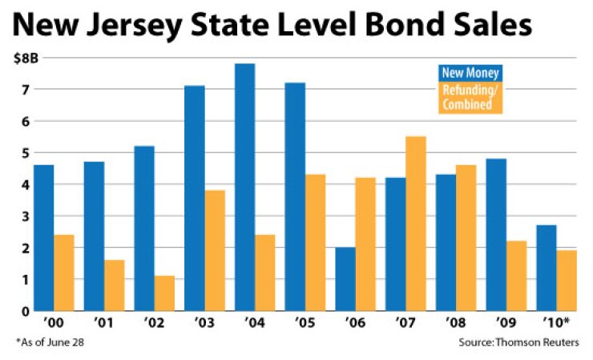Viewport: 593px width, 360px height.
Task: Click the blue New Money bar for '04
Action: (x=244, y=188)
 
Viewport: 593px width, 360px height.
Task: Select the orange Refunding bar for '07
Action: (x=415, y=224)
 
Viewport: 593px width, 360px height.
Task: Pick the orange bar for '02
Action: (x=164, y=293)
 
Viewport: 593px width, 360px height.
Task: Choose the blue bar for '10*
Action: (x=546, y=268)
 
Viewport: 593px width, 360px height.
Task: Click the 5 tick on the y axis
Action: (x=26, y=153)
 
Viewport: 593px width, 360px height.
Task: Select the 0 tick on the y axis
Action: (x=26, y=311)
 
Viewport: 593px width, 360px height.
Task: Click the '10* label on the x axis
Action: (x=557, y=326)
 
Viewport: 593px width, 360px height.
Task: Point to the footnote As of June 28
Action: (x=50, y=343)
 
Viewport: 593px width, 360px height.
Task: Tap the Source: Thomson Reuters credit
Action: (x=518, y=343)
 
